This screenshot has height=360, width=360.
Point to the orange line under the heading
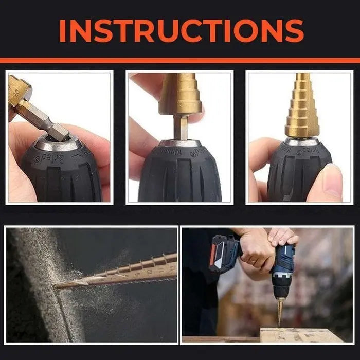[180, 60]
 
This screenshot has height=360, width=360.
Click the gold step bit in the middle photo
[180, 95]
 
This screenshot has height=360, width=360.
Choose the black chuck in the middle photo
[180, 172]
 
